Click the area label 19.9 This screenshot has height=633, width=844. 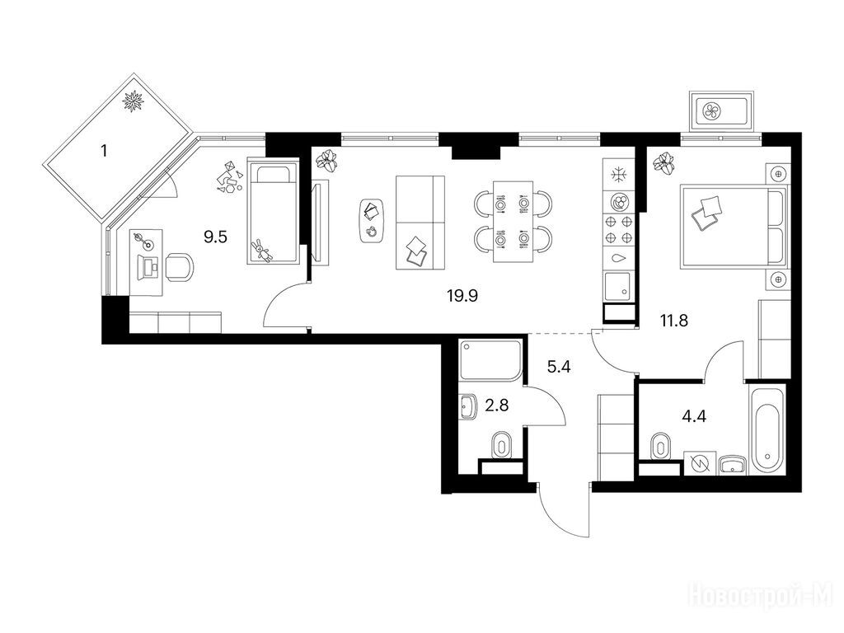pos(462,296)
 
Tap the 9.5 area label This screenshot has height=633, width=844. pos(216,237)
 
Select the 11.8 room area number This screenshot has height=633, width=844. pos(674,321)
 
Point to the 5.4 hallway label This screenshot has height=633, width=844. pos(559,368)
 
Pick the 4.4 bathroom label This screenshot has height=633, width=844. pos(694,416)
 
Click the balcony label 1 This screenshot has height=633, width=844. pos(104,151)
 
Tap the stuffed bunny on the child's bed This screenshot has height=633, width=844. pos(262,250)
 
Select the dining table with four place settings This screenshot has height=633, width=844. pos(513,222)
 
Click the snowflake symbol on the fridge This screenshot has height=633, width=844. pos(619,175)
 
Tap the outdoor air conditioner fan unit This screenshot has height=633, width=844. pos(720,112)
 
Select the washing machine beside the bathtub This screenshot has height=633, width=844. pos(701,463)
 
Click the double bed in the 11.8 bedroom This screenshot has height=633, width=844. pos(734,226)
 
